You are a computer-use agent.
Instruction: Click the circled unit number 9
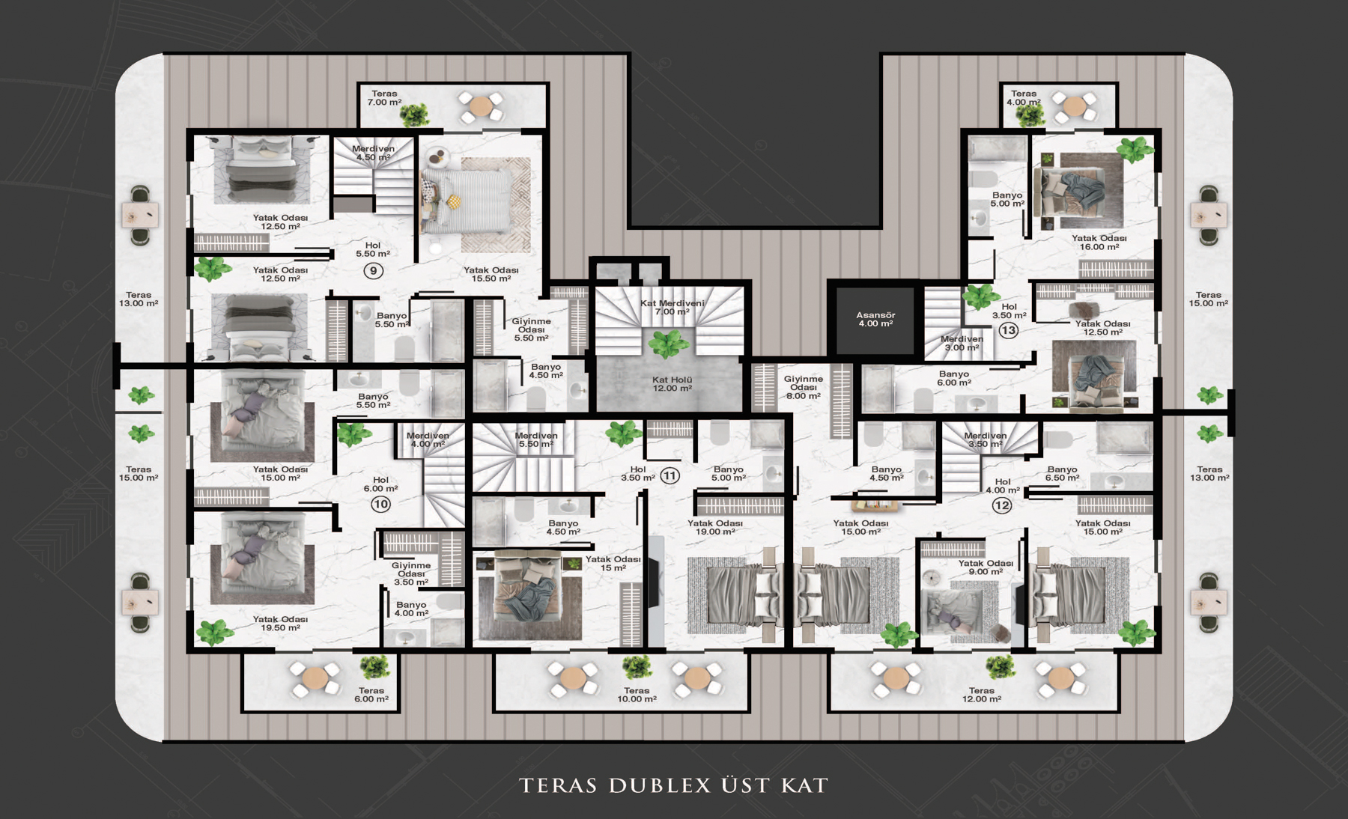pyautogui.click(x=373, y=270)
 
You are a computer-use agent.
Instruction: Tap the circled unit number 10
pyautogui.click(x=380, y=504)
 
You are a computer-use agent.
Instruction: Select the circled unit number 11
pyautogui.click(x=670, y=475)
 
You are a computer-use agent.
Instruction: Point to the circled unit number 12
pyautogui.click(x=1002, y=505)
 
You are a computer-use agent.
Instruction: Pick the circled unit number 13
pyautogui.click(x=1009, y=330)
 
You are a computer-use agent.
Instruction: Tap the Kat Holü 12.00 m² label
pyautogui.click(x=672, y=384)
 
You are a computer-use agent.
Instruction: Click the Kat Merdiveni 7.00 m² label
pyautogui.click(x=672, y=307)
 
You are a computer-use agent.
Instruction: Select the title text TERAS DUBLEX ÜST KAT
pyautogui.click(x=674, y=785)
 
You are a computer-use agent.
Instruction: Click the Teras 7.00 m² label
pyautogui.click(x=384, y=98)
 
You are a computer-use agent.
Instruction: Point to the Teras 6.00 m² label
pyautogui.click(x=371, y=695)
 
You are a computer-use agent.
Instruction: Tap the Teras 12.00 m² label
pyautogui.click(x=981, y=695)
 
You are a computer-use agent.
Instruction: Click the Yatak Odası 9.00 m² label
pyautogui.click(x=986, y=567)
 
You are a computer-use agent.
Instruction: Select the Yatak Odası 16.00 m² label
pyautogui.click(x=1099, y=243)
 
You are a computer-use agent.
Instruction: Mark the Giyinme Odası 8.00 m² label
pyautogui.click(x=804, y=387)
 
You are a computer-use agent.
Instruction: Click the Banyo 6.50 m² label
pyautogui.click(x=1062, y=473)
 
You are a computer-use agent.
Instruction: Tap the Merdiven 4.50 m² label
pyautogui.click(x=373, y=153)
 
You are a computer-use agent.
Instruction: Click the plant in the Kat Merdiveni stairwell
pyautogui.click(x=668, y=344)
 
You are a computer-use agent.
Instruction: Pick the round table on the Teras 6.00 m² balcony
pyautogui.click(x=315, y=679)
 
